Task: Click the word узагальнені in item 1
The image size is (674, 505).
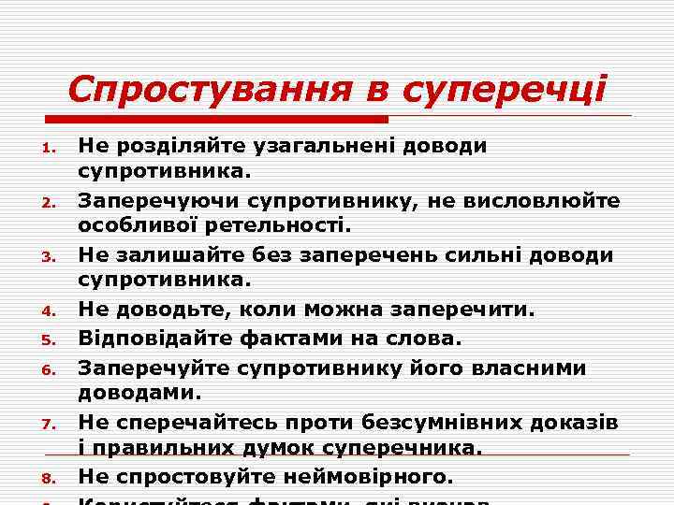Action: click(x=323, y=145)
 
